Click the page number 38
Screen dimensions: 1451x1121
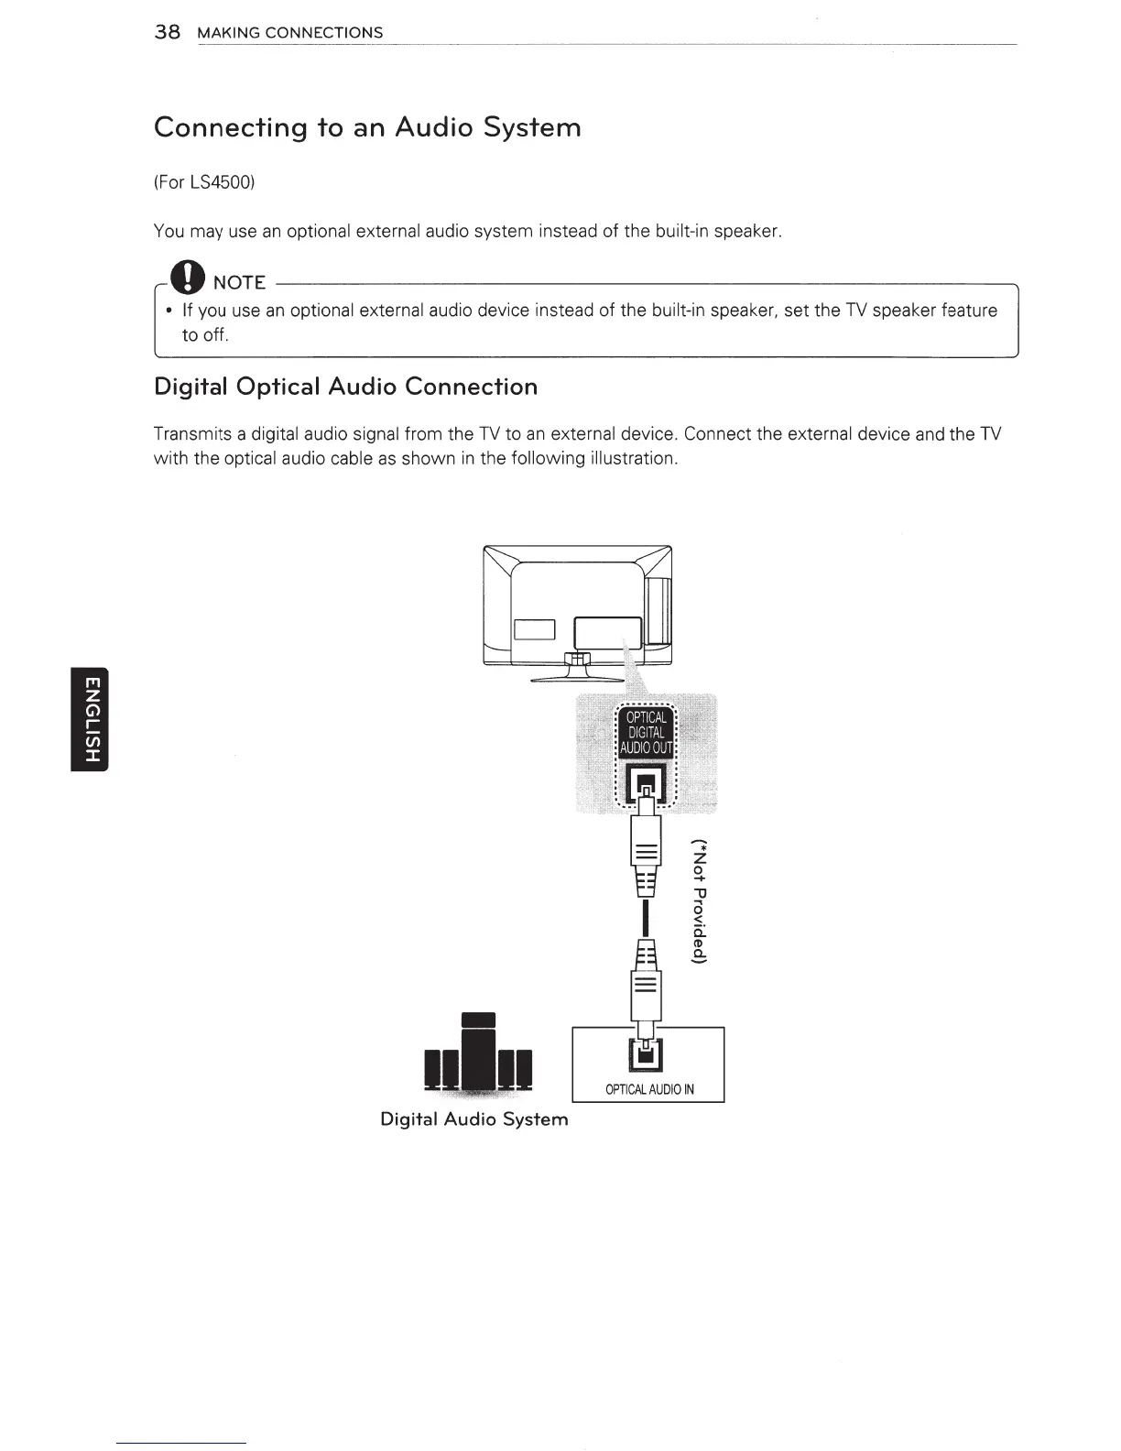click(x=167, y=32)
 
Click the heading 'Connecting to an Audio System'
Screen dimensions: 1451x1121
click(x=367, y=126)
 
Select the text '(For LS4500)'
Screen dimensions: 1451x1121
click(x=203, y=182)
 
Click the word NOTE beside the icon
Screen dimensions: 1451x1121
click(x=239, y=282)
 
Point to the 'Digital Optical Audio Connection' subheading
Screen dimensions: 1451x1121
click(x=345, y=387)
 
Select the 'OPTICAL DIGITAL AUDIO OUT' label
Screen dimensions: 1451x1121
click(x=647, y=732)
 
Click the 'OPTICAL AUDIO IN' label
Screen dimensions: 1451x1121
click(x=649, y=1089)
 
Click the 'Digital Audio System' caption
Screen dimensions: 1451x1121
click(x=473, y=1119)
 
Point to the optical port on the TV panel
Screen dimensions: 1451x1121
click(x=647, y=782)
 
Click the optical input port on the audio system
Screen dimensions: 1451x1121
click(x=647, y=1056)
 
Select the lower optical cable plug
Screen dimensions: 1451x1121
click(x=647, y=980)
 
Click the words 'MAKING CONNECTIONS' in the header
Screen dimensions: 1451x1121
click(x=290, y=33)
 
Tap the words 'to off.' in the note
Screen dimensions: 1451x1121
click(x=204, y=335)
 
